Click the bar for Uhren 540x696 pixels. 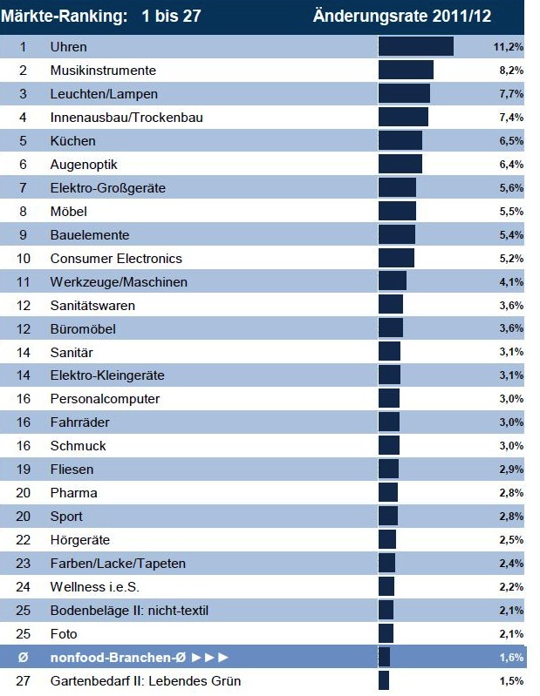point(415,46)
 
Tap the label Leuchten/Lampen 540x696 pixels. point(104,93)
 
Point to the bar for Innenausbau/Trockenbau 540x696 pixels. point(403,117)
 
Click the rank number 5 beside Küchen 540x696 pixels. point(24,140)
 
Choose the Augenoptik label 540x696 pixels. point(84,164)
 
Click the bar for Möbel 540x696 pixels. point(397,211)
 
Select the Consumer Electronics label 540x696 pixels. point(116,258)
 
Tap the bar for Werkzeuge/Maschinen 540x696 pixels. point(392,281)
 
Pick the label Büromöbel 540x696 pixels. point(83,328)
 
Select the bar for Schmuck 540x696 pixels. point(388,446)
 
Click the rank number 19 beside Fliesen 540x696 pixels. point(24,470)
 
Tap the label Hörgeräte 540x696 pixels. point(80,540)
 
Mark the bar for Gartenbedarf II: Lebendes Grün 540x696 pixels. point(384,680)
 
